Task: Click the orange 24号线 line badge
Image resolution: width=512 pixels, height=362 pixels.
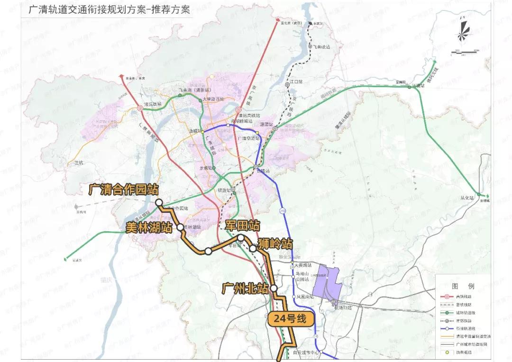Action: point(291,319)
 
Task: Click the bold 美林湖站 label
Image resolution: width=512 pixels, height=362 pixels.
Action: point(149,227)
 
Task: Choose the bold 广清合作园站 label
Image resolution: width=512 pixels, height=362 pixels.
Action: point(123,190)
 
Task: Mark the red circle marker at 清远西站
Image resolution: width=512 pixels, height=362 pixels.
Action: point(140,109)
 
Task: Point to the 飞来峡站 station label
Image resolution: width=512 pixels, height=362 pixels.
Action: point(321,47)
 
